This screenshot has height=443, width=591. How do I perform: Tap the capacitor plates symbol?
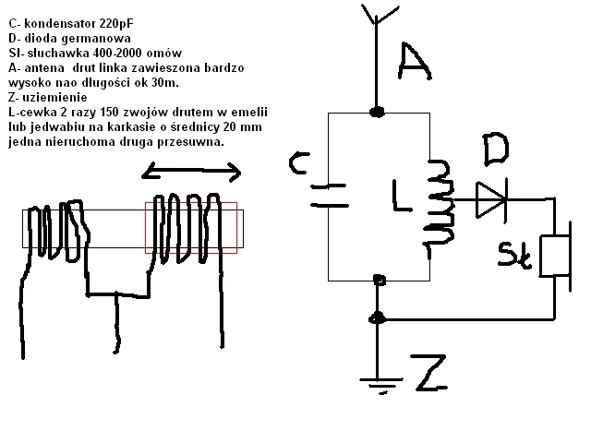pos(329,196)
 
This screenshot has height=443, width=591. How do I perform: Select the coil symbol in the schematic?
pos(440,203)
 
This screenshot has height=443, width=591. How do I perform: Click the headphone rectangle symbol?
pos(554,256)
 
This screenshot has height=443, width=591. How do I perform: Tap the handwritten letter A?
pos(415,62)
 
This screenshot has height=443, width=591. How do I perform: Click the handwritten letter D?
pos(496,150)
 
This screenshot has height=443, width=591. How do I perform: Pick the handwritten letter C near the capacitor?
pos(299,163)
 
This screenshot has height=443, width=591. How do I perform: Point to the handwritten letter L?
pos(401,196)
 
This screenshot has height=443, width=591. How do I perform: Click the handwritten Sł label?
pos(514,257)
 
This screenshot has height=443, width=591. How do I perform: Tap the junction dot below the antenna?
pos(377,112)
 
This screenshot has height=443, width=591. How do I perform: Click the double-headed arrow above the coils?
pos(191,172)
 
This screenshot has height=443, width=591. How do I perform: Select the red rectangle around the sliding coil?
pos(191,203)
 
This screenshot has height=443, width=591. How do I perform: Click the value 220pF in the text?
pos(116,24)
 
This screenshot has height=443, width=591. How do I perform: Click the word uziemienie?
pos(55,97)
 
